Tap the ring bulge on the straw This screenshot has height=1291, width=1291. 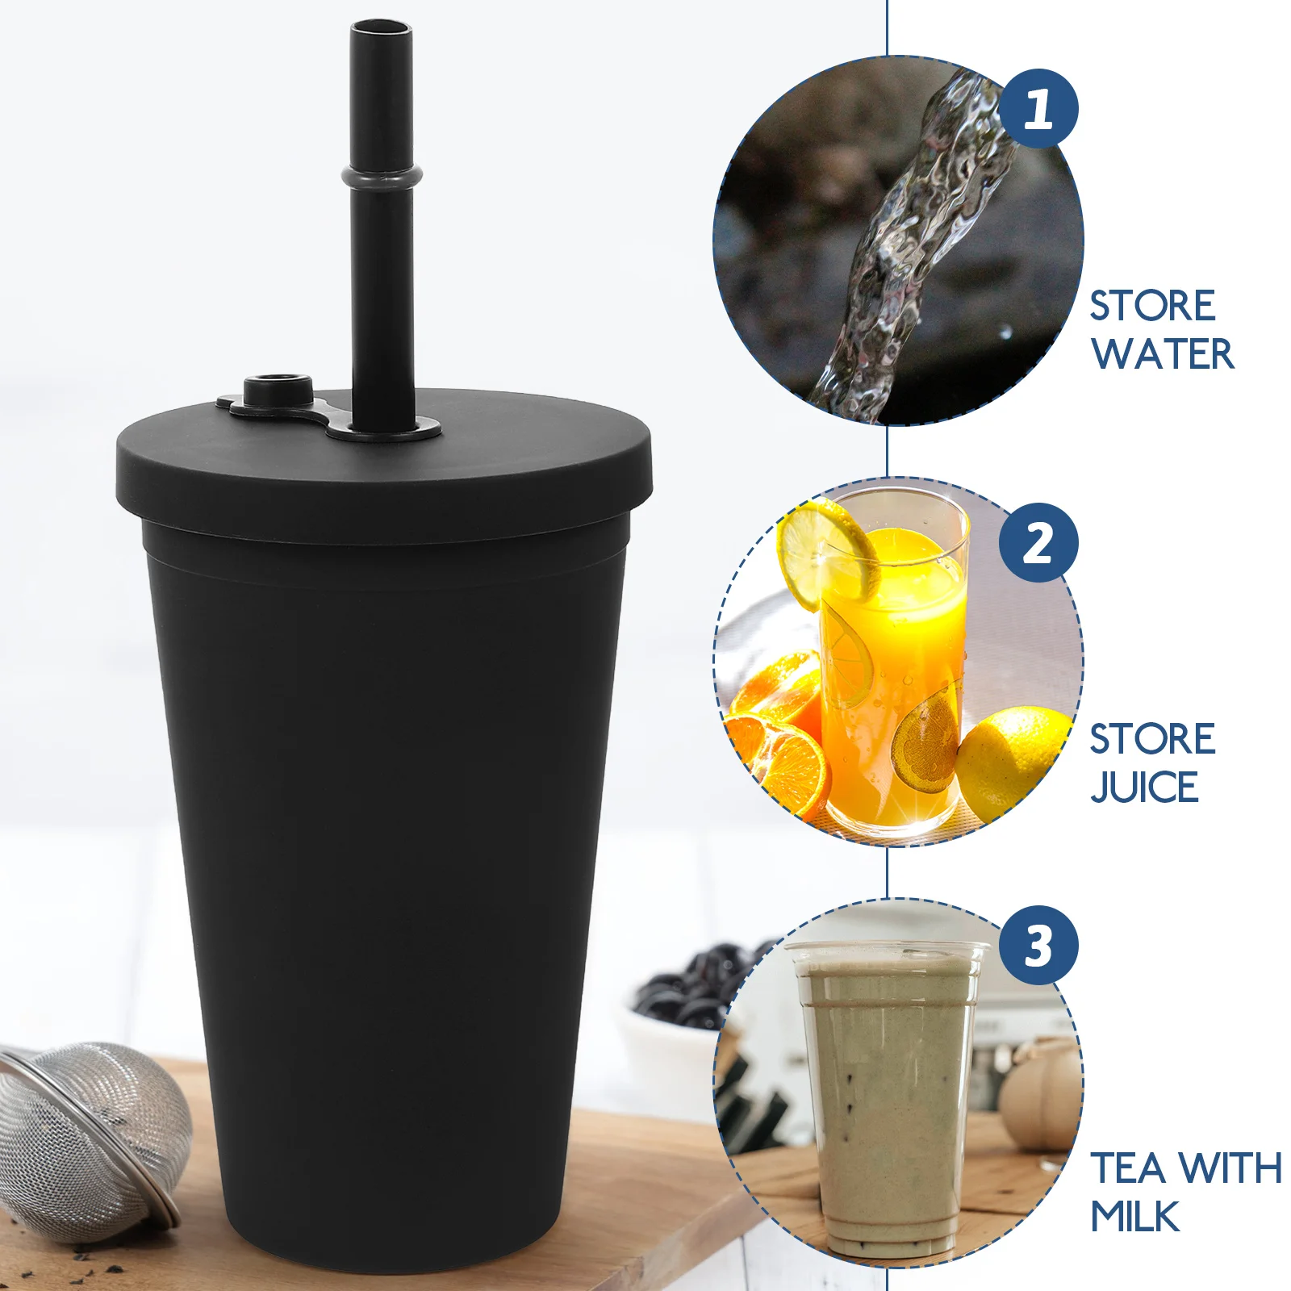(382, 175)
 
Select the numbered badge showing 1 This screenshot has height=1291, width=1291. (1038, 109)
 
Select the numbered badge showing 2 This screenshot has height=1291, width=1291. (1038, 543)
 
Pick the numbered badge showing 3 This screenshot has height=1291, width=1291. (1038, 945)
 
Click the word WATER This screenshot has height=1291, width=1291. (1162, 354)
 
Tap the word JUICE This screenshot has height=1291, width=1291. (1144, 787)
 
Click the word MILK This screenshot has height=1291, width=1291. (1134, 1216)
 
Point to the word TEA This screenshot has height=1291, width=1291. (1128, 1168)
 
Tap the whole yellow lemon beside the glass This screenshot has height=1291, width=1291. (1013, 758)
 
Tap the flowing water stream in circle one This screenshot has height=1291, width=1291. (912, 242)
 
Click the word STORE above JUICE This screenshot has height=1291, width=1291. (1152, 739)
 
